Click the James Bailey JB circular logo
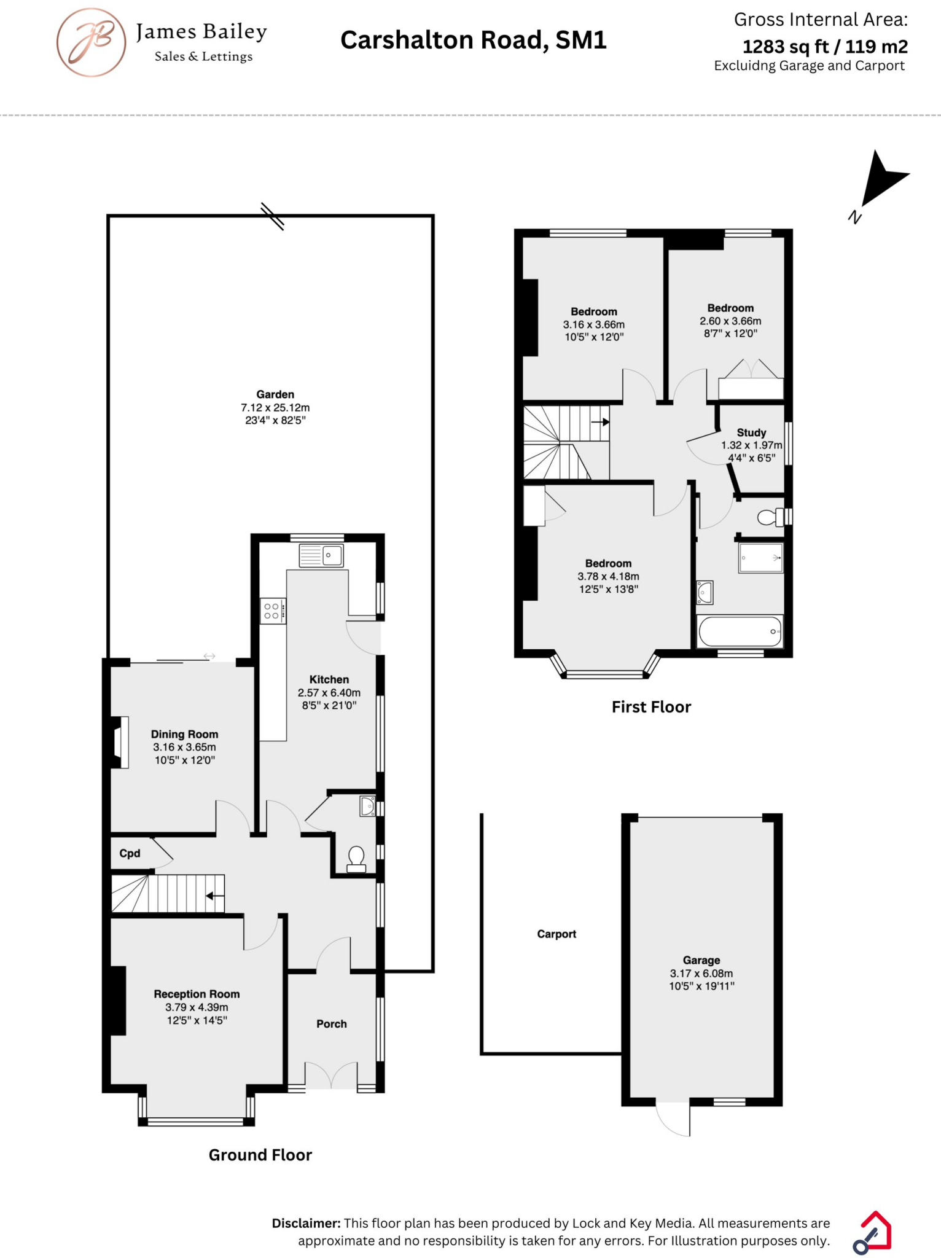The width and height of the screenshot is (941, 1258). tap(91, 42)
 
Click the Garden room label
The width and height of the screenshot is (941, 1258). tap(275, 394)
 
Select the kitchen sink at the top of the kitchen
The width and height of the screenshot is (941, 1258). tap(321, 555)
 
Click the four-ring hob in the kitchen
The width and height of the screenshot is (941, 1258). tap(272, 611)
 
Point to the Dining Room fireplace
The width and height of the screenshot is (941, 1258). tap(119, 742)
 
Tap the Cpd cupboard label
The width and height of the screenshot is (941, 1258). tap(130, 853)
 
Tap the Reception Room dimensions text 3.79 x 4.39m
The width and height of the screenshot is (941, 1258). tap(197, 1007)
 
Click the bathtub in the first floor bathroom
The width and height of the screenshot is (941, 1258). tap(740, 631)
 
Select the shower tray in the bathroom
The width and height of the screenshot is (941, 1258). tap(760, 558)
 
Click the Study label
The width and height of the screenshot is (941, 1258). tap(751, 432)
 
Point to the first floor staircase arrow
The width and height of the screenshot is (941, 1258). tap(600, 422)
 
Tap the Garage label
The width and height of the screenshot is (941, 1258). tap(701, 960)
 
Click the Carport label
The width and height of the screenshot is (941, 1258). tap(556, 934)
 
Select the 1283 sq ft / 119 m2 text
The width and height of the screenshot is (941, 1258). tap(824, 47)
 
